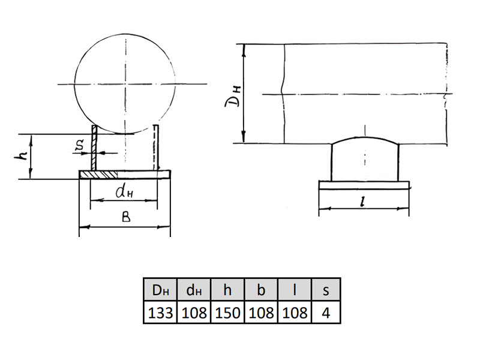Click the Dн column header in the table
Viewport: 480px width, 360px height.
(160, 289)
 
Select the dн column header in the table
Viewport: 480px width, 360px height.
(194, 289)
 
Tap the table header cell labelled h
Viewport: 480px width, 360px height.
(227, 289)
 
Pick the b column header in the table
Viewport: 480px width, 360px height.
(261, 289)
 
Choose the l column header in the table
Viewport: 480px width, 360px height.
(295, 289)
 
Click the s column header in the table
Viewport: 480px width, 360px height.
(326, 289)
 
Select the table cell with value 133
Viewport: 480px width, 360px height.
(160, 312)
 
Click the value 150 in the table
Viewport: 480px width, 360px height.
(227, 312)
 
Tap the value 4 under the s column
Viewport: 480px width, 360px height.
(326, 312)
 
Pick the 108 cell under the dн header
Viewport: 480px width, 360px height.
(194, 312)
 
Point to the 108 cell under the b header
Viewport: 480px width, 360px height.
(261, 312)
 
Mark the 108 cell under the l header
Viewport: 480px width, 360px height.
(295, 312)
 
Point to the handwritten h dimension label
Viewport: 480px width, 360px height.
(20, 157)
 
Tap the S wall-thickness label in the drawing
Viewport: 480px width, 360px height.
(80, 146)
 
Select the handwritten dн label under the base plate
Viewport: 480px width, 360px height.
(124, 192)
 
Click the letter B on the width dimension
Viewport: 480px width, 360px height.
(126, 217)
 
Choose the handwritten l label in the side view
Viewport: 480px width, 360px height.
(363, 201)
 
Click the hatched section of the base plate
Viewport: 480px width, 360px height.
(98, 175)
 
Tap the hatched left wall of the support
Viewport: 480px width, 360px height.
(94, 148)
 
